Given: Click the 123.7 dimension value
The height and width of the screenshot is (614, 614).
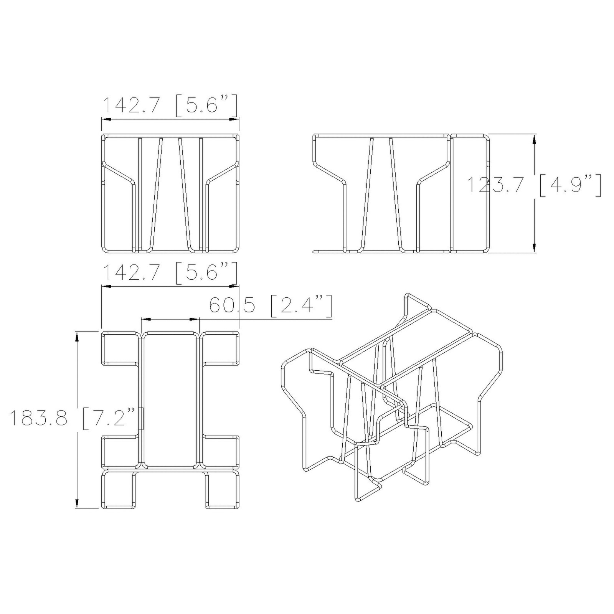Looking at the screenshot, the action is pyautogui.click(x=495, y=185).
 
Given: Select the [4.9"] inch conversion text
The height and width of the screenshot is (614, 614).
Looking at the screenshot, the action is pyautogui.click(x=570, y=185).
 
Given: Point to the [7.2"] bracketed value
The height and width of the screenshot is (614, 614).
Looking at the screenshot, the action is pyautogui.click(x=109, y=418).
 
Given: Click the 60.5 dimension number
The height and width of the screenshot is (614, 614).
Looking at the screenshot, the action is pyautogui.click(x=232, y=305).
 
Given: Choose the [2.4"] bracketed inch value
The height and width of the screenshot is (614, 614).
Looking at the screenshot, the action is pyautogui.click(x=301, y=305).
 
